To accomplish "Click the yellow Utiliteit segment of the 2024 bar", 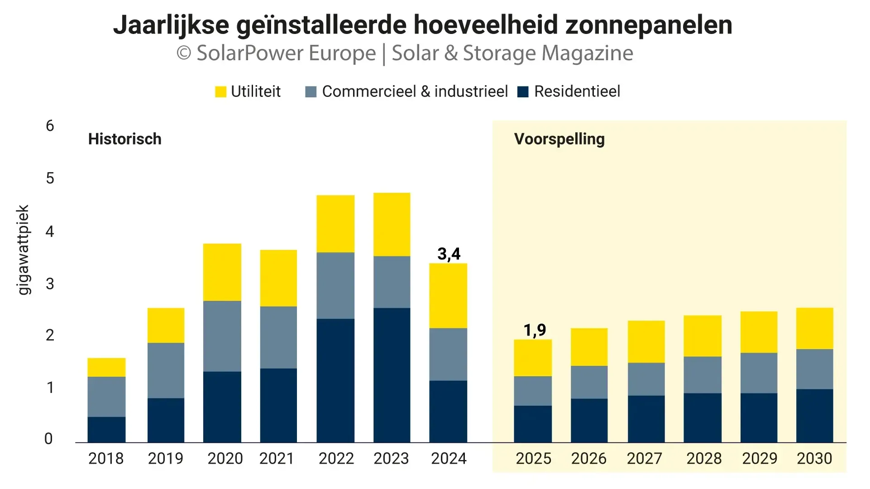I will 448,296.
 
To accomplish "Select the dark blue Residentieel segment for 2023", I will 392,375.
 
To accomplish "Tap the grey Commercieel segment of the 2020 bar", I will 222,336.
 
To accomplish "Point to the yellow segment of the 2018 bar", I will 106,367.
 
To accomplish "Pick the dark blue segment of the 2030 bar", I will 814,415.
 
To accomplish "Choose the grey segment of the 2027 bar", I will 646,379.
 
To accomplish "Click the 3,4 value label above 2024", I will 449,254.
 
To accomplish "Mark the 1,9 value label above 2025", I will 535,330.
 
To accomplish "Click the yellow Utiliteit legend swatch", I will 220,92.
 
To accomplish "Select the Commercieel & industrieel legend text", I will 415,91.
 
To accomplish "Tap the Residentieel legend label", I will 577,91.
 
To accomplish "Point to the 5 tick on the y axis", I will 50,178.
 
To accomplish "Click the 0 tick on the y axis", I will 48,439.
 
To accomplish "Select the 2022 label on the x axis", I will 336,459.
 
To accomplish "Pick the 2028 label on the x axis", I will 704,459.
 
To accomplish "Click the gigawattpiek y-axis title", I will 23,250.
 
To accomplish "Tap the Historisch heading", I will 124,139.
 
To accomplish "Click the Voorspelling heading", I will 559,139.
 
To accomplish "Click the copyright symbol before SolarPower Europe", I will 183,53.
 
